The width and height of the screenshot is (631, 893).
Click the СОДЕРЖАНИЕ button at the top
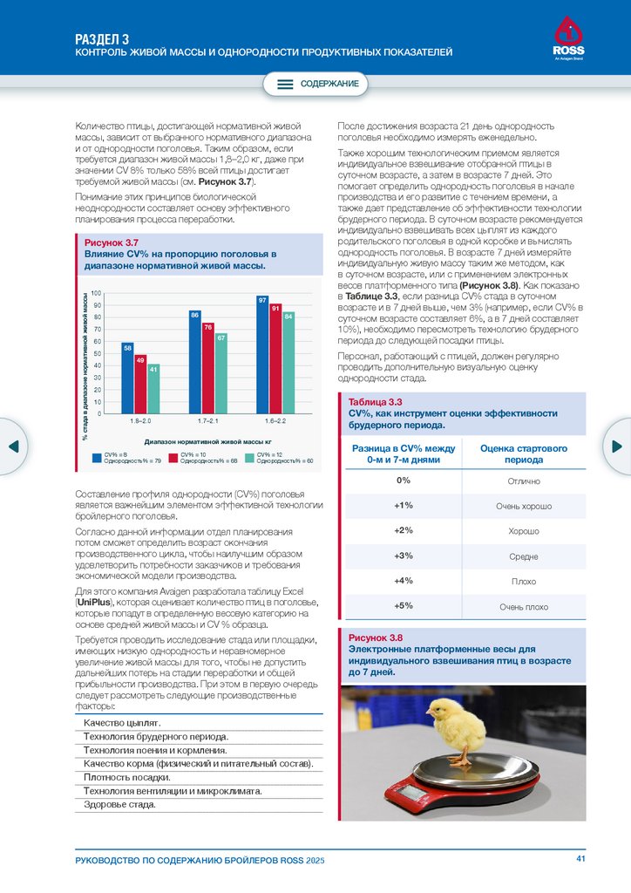(316, 84)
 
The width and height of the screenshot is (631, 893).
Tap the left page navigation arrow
(13, 446)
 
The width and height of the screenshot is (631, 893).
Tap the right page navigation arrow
(617, 446)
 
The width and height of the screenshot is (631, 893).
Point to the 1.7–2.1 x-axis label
(208, 421)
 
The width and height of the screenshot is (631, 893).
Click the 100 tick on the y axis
(97, 295)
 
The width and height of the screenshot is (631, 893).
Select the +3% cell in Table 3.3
(403, 556)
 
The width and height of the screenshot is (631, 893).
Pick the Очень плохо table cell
(523, 606)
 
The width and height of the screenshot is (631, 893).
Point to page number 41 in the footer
(580, 859)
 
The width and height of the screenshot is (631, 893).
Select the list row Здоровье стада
(120, 805)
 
